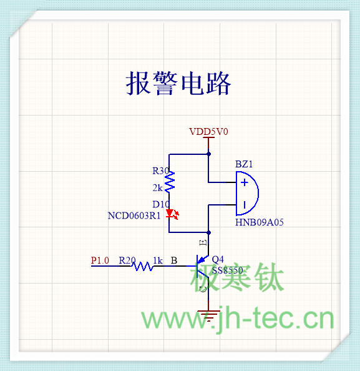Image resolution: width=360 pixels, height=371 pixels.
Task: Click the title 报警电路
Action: coord(178,83)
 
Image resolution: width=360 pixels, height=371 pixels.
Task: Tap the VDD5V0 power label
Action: coord(208,132)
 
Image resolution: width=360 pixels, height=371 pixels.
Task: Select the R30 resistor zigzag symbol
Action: coord(170,182)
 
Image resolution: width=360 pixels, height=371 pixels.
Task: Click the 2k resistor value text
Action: coord(158,188)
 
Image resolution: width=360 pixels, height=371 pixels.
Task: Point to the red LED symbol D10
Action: coord(172,214)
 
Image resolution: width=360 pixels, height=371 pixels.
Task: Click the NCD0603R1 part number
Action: coord(134,215)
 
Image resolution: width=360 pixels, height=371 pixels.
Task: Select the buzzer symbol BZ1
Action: coord(247,194)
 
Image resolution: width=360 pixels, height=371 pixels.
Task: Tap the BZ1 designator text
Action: coord(244,164)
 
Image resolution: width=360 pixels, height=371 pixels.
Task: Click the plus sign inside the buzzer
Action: coord(245,182)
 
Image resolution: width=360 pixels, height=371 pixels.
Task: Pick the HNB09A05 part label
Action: coord(260,222)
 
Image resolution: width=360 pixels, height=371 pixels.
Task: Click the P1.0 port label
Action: coord(100,260)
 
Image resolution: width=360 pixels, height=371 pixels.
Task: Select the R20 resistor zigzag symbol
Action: coord(142,266)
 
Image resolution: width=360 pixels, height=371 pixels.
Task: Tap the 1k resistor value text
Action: coord(158,260)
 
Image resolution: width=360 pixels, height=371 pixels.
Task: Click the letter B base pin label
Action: coord(174,260)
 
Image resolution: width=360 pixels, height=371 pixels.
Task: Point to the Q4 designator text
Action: coord(218,260)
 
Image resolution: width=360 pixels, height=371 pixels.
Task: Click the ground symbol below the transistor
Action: coord(208,315)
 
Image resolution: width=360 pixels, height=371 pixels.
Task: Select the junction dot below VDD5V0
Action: coord(208,154)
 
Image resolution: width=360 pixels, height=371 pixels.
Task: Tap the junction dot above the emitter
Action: coord(208,233)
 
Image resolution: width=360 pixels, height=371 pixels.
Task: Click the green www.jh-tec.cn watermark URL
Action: coord(238,319)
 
